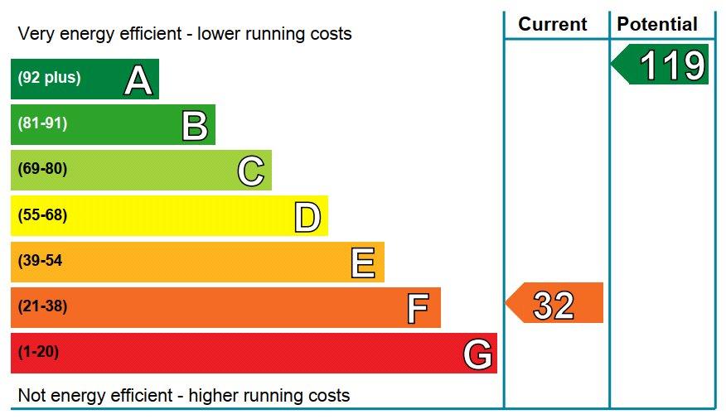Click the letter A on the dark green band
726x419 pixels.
[x=138, y=80]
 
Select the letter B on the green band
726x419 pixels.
[x=195, y=126]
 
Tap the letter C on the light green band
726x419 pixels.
[x=251, y=171]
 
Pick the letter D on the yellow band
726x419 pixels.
[x=307, y=218]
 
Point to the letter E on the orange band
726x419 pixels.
[x=363, y=263]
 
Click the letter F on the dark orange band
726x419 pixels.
[x=419, y=309]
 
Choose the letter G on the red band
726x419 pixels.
[x=478, y=355]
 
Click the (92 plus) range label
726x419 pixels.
[x=49, y=78]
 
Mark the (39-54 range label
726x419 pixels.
[x=40, y=261]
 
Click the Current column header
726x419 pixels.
[x=553, y=24]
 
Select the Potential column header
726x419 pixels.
[x=657, y=24]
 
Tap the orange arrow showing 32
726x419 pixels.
[x=554, y=304]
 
